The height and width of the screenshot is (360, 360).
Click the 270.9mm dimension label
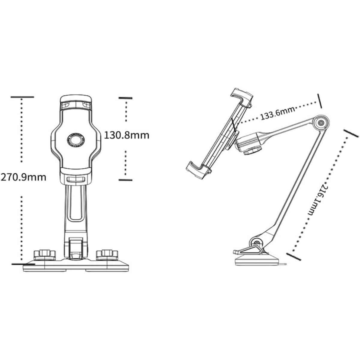point(23,177)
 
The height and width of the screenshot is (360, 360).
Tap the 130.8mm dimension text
point(127,135)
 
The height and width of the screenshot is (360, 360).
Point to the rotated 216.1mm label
point(318,200)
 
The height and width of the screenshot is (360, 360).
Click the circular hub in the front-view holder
point(76,139)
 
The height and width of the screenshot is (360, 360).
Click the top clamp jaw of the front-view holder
point(76,103)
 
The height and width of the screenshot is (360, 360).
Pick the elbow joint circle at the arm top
point(321,123)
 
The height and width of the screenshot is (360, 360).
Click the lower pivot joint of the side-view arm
point(257,243)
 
